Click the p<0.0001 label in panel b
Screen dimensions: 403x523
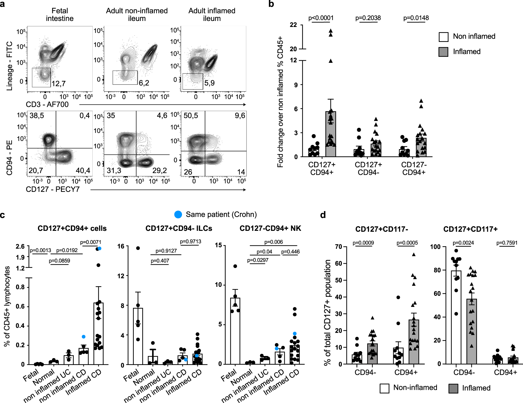pyautogui.click(x=321, y=18)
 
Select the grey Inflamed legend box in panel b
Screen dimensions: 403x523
pyautogui.click(x=443, y=52)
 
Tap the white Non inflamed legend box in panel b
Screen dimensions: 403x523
pyautogui.click(x=443, y=37)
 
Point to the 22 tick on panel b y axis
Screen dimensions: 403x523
pyautogui.click(x=293, y=25)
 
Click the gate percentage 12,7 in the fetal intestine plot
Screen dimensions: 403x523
pyautogui.click(x=59, y=84)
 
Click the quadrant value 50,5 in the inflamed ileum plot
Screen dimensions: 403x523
pyautogui.click(x=191, y=116)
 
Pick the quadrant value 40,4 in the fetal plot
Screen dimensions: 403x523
pyautogui.click(x=83, y=171)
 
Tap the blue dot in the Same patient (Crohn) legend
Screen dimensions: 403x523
pyautogui.click(x=178, y=214)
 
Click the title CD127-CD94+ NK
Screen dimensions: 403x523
pyautogui.click(x=270, y=228)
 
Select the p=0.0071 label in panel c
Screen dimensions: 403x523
pyautogui.click(x=91, y=242)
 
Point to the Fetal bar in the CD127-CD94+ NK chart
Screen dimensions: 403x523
pyautogui.click(x=235, y=331)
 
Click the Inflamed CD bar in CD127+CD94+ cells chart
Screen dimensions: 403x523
pyautogui.click(x=98, y=334)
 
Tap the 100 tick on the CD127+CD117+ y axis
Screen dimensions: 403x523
pyautogui.click(x=435, y=247)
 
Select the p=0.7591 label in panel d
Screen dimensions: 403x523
pyautogui.click(x=507, y=243)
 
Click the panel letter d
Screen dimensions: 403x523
pyautogui.click(x=323, y=215)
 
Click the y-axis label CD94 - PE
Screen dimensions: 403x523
pyautogui.click(x=10, y=157)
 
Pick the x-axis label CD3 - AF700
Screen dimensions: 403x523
pyautogui.click(x=47, y=104)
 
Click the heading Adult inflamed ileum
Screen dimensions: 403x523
pyautogui.click(x=212, y=15)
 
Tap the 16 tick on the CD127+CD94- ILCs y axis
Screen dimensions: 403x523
pyautogui.click(x=121, y=246)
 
